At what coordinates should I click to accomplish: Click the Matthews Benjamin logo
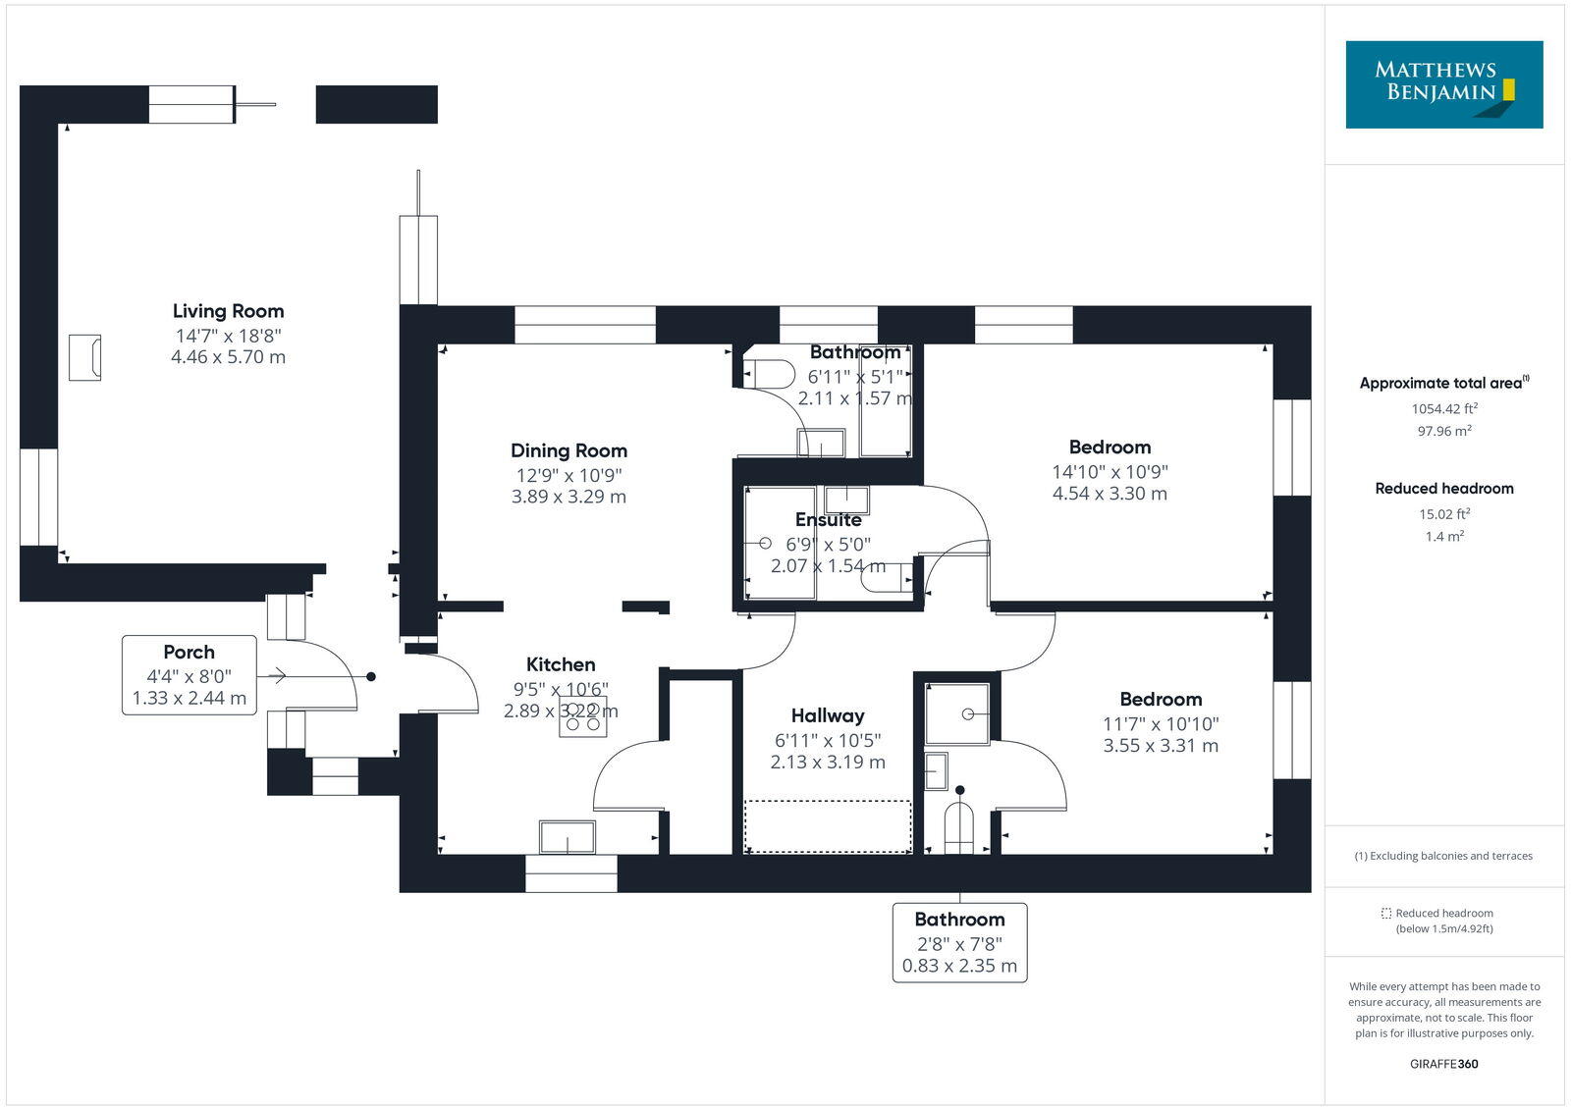click(x=1443, y=84)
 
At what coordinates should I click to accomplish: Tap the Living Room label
click(x=228, y=311)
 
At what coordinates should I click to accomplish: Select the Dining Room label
click(x=569, y=450)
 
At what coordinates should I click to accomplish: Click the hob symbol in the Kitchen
click(x=582, y=717)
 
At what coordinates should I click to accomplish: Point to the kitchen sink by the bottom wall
click(x=567, y=837)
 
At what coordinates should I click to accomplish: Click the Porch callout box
click(x=190, y=675)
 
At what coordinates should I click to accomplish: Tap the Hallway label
click(x=828, y=715)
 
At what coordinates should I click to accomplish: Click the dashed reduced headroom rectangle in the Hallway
click(x=828, y=826)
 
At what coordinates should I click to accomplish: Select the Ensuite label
click(x=829, y=519)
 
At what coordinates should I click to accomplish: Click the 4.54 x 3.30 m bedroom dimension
click(x=1110, y=494)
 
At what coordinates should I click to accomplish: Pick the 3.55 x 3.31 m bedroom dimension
click(x=1161, y=746)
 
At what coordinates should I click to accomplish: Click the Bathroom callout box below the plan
click(x=959, y=942)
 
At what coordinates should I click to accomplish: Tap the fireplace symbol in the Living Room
click(x=84, y=357)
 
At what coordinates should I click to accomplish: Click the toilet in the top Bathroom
click(x=770, y=374)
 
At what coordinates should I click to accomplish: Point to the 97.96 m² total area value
click(x=1443, y=431)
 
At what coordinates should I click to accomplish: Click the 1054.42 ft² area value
click(x=1443, y=409)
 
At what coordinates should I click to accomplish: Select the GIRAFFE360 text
click(x=1443, y=1064)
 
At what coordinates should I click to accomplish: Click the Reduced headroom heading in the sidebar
click(x=1443, y=488)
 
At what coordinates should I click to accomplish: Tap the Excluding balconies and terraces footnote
click(x=1443, y=856)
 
